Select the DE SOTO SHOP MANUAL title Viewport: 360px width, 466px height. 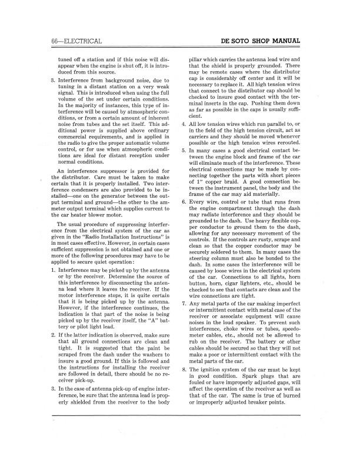260,41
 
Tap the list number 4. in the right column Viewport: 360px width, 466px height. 184,125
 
